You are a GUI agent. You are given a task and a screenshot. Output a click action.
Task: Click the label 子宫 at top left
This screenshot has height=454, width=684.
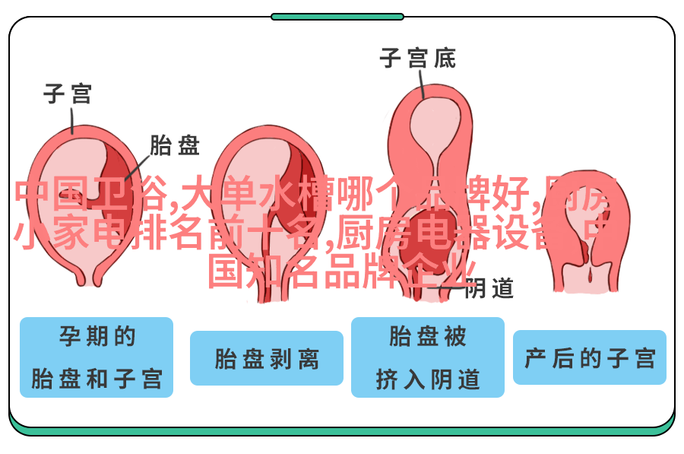pyautogui.click(x=68, y=94)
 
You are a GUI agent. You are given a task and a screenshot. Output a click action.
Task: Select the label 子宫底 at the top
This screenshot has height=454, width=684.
pyautogui.click(x=417, y=58)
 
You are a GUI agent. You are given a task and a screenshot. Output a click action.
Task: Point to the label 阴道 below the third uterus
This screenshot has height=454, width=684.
pyautogui.click(x=489, y=288)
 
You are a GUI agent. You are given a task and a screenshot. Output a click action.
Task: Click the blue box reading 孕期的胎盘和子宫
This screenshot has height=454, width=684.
pyautogui.click(x=97, y=357)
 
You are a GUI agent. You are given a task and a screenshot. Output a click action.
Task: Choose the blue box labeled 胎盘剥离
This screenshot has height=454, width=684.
pyautogui.click(x=267, y=358)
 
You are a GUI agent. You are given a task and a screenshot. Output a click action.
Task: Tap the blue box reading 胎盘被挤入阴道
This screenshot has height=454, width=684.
pyautogui.click(x=428, y=357)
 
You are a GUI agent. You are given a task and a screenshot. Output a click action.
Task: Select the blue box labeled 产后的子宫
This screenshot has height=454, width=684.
pyautogui.click(x=590, y=357)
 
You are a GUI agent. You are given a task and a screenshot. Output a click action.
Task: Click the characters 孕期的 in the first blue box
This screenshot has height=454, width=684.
pyautogui.click(x=97, y=335)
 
